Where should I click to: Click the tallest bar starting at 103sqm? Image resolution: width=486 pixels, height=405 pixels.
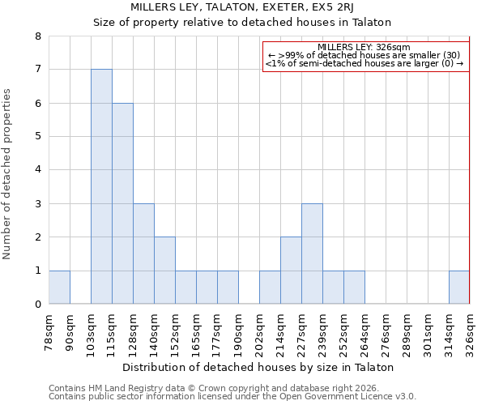(101, 186)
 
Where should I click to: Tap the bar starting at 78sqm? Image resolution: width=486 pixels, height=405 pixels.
(59, 287)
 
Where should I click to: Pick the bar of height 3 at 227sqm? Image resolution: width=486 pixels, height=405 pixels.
(312, 254)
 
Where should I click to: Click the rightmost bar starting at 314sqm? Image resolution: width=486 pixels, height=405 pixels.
(459, 287)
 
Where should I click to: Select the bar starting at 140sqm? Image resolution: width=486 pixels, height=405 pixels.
(164, 271)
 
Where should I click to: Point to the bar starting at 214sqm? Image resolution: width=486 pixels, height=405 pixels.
(291, 271)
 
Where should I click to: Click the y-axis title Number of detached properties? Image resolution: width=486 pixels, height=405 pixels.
(8, 174)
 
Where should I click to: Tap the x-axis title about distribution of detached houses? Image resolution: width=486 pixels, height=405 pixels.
(259, 367)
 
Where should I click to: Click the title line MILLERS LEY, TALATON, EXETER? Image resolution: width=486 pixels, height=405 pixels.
(242, 7)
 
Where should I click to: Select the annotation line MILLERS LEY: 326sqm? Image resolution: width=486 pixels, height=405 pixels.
(364, 47)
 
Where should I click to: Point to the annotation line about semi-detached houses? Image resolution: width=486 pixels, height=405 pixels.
(364, 63)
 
